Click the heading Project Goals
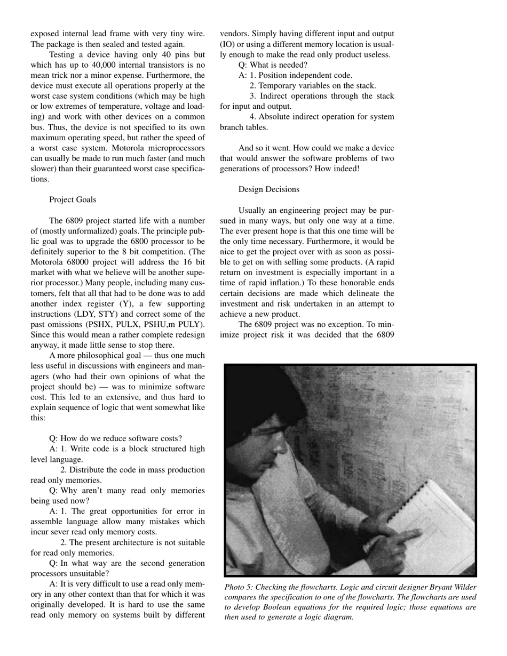[x=73, y=199]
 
